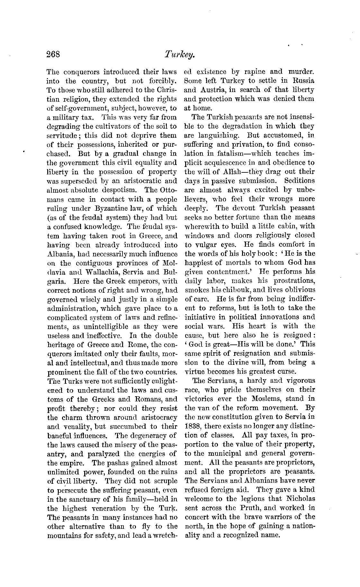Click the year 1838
tap(193, 426)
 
